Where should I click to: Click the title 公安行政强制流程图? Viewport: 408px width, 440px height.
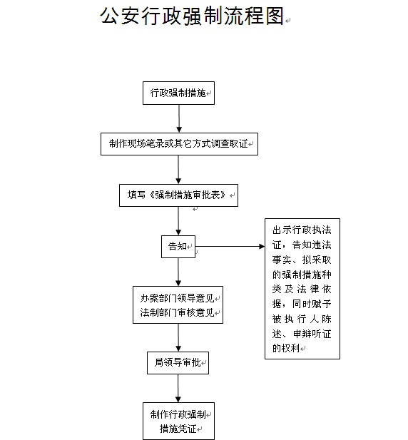click(x=192, y=16)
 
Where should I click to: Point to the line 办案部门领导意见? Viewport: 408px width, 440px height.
click(x=178, y=298)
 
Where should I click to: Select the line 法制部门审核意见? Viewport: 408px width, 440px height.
click(x=178, y=312)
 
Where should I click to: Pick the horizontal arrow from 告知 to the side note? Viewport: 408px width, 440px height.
click(x=230, y=246)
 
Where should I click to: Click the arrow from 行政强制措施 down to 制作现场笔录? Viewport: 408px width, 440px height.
click(x=179, y=118)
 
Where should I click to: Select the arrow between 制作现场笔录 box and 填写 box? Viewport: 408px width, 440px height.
click(x=178, y=170)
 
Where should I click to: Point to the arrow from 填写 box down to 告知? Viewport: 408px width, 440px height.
click(x=178, y=221)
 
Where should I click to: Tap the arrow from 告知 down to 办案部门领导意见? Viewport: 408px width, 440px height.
click(x=178, y=272)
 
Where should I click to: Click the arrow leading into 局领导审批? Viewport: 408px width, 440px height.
click(x=178, y=337)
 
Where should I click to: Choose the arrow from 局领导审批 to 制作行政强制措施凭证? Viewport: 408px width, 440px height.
click(x=178, y=389)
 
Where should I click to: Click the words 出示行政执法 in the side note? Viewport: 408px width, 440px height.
click(x=302, y=230)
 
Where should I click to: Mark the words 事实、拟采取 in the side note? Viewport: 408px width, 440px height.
click(x=302, y=260)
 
